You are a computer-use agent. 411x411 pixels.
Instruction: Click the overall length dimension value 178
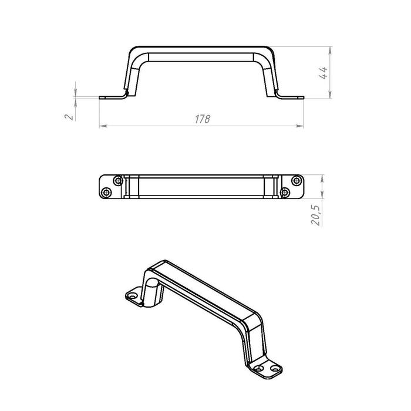point(203,119)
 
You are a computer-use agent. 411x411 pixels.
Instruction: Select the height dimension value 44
point(323,73)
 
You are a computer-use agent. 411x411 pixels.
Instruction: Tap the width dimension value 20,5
point(316,215)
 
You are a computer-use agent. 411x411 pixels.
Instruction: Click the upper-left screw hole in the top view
point(117,181)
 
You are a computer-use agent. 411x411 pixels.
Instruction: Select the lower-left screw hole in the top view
point(106,193)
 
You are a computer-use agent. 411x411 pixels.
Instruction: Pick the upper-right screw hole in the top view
point(297,181)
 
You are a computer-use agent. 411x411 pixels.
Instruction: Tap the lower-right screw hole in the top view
point(285,193)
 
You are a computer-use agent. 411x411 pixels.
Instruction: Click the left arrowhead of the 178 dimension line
point(103,126)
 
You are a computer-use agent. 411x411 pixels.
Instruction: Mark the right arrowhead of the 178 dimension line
point(300,126)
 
